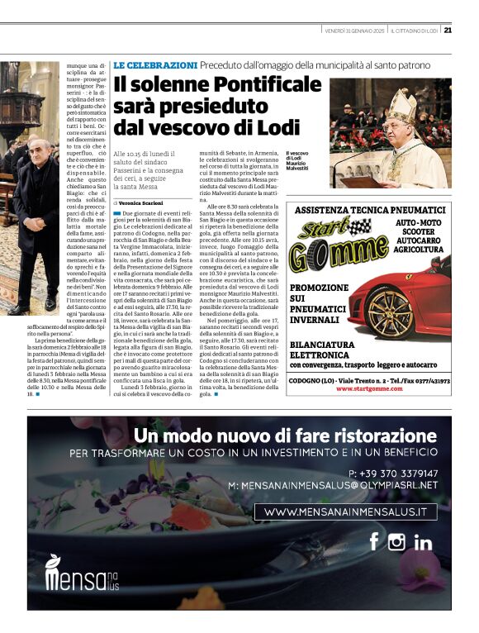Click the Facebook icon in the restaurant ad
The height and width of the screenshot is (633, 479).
[x=373, y=541]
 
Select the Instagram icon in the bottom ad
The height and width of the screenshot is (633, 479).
[x=397, y=542]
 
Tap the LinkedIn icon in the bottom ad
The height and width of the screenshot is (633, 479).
[x=423, y=542]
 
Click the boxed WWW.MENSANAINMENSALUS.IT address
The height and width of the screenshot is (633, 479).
[x=345, y=512]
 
